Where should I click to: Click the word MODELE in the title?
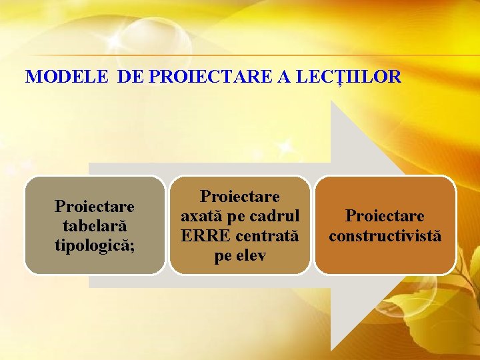click(x=66, y=77)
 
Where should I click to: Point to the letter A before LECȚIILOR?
click(x=284, y=77)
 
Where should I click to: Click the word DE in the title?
click(x=132, y=77)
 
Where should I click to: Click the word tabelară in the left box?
click(x=95, y=225)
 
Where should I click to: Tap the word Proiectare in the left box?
click(x=95, y=207)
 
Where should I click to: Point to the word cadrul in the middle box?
click(x=275, y=217)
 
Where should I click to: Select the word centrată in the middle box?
click(x=265, y=235)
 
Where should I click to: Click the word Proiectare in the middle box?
click(x=240, y=197)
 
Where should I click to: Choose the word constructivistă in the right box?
click(x=385, y=236)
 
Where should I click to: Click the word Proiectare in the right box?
click(x=385, y=217)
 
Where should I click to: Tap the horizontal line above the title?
click(x=240, y=55)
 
